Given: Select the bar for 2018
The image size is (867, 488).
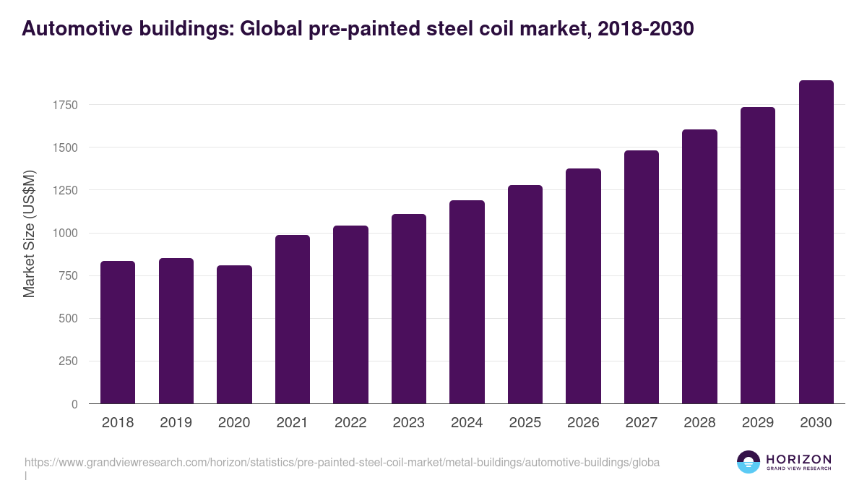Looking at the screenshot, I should [118, 333].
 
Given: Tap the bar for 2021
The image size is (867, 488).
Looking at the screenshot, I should [293, 320].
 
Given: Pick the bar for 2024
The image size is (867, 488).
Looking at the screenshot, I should [467, 302].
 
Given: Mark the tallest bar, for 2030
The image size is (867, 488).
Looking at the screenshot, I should [816, 242].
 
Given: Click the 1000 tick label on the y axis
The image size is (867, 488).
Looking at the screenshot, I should [64, 234].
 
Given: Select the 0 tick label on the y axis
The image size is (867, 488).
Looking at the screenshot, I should [74, 404].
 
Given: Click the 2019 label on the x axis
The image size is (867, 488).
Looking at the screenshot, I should [176, 423].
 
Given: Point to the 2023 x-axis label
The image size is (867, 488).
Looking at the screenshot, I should [408, 423].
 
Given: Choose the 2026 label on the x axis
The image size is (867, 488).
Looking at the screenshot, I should [583, 423].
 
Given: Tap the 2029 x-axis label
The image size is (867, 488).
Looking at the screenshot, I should [758, 423].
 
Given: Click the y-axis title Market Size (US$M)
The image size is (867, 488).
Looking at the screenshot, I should [29, 234].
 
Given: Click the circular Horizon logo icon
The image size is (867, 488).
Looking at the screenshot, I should [748, 462].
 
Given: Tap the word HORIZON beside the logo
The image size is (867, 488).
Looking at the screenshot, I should [798, 459].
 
